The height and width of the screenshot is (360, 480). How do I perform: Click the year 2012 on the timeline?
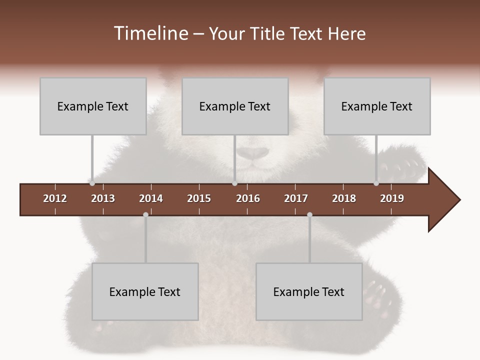pyautogui.click(x=55, y=198)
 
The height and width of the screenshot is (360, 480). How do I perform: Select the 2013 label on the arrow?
pyautogui.click(x=103, y=198)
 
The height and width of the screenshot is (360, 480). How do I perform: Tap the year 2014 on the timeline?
pyautogui.click(x=151, y=198)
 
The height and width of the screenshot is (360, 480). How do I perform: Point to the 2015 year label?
pyautogui.click(x=199, y=198)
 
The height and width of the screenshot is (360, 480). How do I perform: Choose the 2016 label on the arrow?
pyautogui.click(x=248, y=198)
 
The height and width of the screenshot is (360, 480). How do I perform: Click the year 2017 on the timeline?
pyautogui.click(x=296, y=198)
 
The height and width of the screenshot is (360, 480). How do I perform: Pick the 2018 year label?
pyautogui.click(x=344, y=198)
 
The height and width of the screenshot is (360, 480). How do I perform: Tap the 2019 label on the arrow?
pyautogui.click(x=392, y=198)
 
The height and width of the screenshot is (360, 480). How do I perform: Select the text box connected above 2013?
pyautogui.click(x=93, y=106)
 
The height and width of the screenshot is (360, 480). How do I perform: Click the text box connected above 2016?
pyautogui.click(x=235, y=106)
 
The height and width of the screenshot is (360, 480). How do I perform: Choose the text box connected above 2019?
pyautogui.click(x=377, y=106)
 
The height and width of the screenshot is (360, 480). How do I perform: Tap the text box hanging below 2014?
pyautogui.click(x=145, y=291)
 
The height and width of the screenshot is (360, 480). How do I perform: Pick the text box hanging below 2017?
pyautogui.click(x=309, y=291)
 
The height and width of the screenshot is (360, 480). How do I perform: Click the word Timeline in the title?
pyautogui.click(x=150, y=33)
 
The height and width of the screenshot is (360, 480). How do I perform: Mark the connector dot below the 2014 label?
pyautogui.click(x=145, y=215)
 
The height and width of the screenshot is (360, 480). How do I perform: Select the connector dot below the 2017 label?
pyautogui.click(x=309, y=215)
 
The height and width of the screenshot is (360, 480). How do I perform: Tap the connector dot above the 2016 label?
pyautogui.click(x=234, y=183)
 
